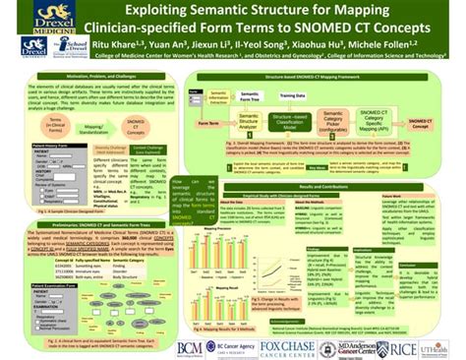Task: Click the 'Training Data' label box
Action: coord(294,95)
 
